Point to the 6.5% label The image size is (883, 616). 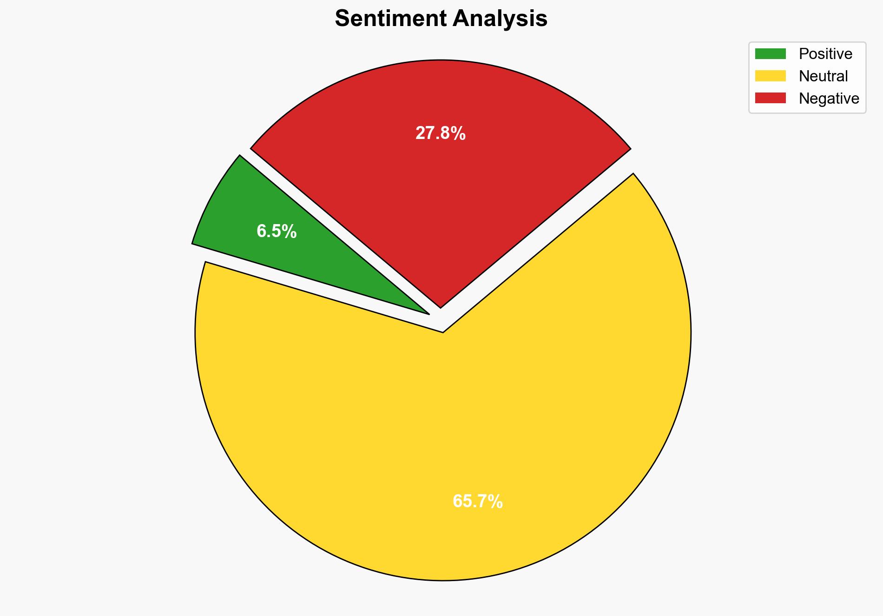point(277,231)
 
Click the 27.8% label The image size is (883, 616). point(440,133)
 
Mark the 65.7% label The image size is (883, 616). point(477,501)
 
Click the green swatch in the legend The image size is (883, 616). point(770,54)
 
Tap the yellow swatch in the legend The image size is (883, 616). point(770,76)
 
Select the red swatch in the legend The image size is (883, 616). point(770,98)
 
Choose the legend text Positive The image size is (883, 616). point(825,54)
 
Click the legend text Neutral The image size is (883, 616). point(823,76)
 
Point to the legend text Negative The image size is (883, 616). point(829,98)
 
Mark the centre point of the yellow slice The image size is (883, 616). point(443,332)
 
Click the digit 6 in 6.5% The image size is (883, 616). point(261,231)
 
